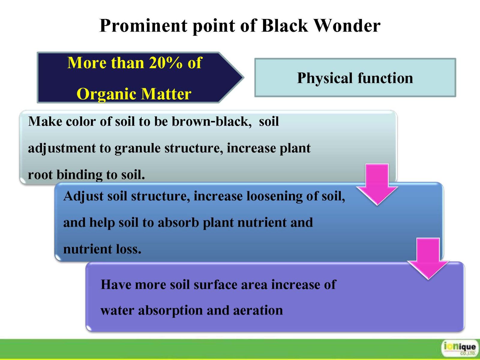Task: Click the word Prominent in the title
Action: (143, 26)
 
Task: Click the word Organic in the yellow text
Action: (107, 94)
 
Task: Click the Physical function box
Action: (355, 78)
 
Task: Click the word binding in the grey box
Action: (79, 175)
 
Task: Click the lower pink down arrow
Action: (428, 259)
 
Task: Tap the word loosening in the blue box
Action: (274, 196)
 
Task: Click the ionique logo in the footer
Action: (460, 348)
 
